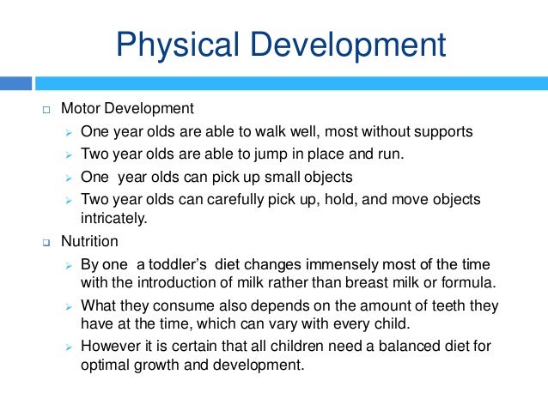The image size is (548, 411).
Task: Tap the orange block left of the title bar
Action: tap(15, 83)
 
